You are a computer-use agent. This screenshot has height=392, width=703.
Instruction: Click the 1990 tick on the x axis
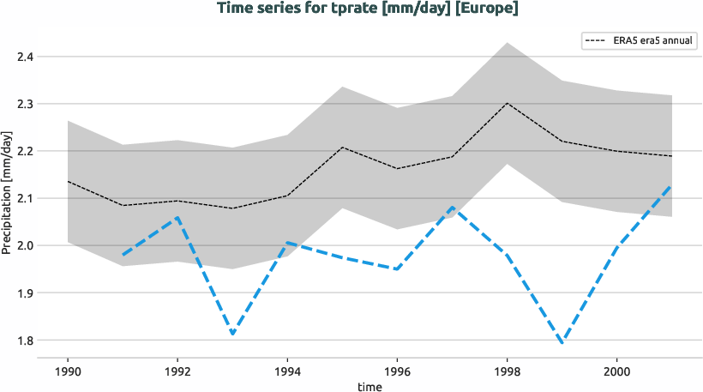tap(68, 374)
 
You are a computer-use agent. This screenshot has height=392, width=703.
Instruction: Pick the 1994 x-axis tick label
tap(287, 374)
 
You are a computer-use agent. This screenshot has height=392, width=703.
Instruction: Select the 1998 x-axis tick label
tap(507, 374)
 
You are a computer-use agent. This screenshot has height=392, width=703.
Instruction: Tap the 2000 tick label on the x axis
tap(616, 374)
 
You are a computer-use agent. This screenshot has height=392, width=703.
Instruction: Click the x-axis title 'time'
tap(370, 387)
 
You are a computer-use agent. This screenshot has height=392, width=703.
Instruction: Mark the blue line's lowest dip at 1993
tap(232, 335)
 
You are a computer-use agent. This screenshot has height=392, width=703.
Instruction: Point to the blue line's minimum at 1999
tap(562, 343)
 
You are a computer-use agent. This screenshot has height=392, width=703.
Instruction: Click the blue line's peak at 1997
tap(452, 207)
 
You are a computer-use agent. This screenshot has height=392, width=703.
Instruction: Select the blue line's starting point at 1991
tap(123, 255)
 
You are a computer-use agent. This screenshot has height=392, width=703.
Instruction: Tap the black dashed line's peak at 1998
tap(507, 103)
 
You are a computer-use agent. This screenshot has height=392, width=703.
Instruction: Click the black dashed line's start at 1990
tap(68, 182)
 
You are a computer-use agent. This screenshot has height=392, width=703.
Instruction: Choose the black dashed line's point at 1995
tap(342, 148)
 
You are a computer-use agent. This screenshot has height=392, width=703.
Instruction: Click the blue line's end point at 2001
tap(671, 185)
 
